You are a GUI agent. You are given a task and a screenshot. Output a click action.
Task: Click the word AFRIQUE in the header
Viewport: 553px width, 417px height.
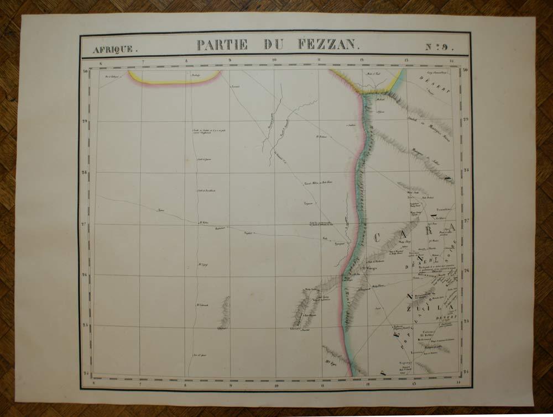(113, 49)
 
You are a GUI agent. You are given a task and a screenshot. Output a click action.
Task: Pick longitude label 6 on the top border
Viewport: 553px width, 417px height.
(101, 62)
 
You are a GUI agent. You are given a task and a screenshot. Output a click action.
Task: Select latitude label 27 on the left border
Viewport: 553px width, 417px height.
(85, 224)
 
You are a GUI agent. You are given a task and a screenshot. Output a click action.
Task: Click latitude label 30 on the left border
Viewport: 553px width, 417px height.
(85, 71)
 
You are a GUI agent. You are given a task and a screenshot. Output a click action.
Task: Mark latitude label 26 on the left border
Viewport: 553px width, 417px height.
(85, 275)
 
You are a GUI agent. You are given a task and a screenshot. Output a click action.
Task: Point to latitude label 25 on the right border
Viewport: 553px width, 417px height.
(466, 320)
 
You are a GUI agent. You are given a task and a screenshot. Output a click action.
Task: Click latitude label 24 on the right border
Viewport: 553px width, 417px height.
(466, 371)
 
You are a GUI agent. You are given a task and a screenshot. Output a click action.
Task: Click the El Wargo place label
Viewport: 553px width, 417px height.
(369, 269)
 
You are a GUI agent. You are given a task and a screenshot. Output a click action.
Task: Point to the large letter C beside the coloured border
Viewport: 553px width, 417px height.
(378, 238)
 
